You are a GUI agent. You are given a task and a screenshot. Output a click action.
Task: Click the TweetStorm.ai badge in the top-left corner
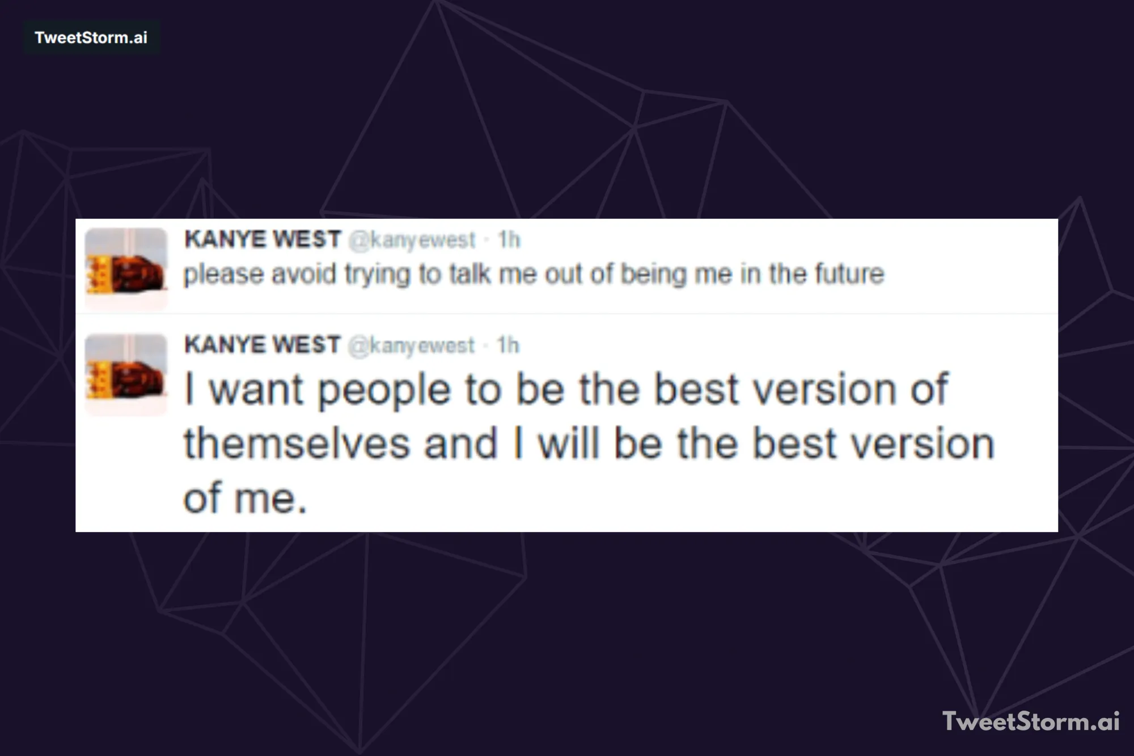(91, 37)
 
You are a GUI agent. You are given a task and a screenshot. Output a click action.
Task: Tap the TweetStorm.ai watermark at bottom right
(1030, 721)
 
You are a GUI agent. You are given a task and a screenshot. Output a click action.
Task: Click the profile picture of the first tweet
(126, 268)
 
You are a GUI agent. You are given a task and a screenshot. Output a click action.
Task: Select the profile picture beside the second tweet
(126, 374)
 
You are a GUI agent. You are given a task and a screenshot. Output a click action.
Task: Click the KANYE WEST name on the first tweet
(263, 239)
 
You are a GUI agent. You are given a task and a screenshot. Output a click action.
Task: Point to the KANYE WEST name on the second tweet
(263, 345)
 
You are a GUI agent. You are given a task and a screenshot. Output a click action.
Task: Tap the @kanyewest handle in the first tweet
(412, 240)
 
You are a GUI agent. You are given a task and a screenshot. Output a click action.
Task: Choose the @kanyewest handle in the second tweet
(411, 346)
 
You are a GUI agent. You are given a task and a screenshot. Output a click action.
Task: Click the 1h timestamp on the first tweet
(509, 240)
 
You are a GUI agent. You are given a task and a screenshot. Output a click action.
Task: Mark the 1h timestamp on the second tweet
(508, 345)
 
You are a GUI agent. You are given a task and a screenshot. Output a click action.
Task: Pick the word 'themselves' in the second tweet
(296, 444)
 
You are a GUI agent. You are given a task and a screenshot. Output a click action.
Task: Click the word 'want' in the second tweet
(256, 390)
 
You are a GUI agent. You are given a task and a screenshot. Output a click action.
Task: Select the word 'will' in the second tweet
(568, 444)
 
